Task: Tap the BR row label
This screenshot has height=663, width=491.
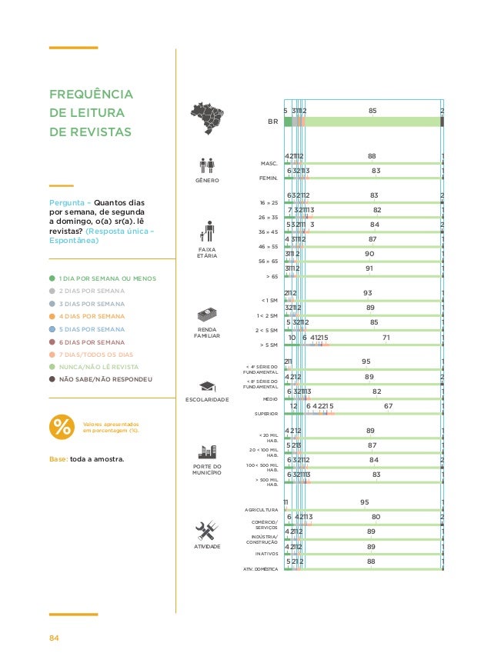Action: [x=272, y=122]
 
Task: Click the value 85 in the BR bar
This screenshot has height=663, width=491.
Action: [x=372, y=111]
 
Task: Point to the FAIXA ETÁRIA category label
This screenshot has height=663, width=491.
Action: [x=206, y=252]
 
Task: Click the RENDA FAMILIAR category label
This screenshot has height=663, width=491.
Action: [x=206, y=333]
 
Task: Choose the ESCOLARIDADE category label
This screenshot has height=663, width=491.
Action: [x=207, y=400]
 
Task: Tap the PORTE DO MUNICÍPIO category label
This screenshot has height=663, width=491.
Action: [x=206, y=469]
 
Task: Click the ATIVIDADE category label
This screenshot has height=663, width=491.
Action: [x=206, y=546]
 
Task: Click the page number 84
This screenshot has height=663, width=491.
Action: [x=55, y=638]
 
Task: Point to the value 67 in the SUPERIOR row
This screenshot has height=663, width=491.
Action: [x=389, y=406]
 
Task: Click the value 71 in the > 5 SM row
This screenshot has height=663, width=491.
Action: [x=386, y=337]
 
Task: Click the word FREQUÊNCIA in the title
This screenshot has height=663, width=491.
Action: [x=91, y=95]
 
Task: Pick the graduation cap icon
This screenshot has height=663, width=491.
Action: [x=207, y=386]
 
